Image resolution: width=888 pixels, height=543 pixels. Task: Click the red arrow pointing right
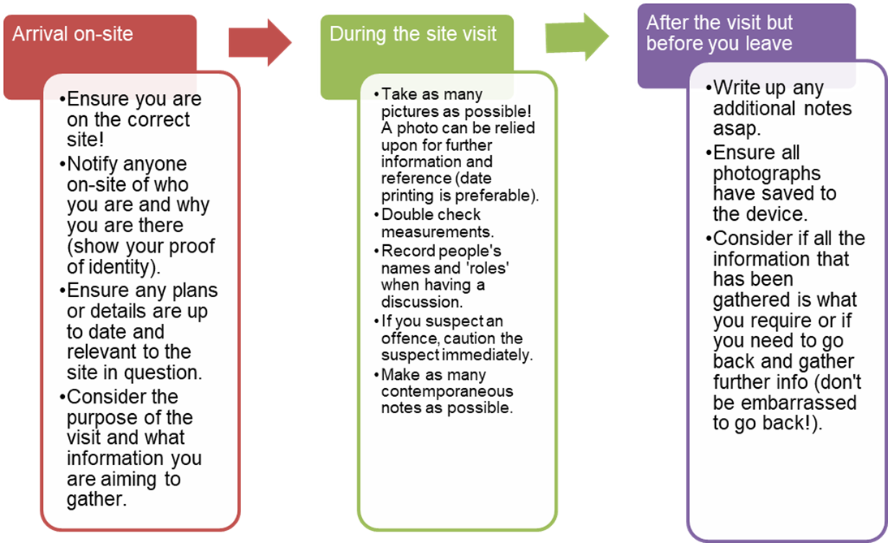260,42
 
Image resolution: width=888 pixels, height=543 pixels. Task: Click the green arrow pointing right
577,37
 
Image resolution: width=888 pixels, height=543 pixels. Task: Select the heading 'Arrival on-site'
72,34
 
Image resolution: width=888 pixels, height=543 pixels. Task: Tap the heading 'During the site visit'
413,34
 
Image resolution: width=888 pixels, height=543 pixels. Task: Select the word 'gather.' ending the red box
97,499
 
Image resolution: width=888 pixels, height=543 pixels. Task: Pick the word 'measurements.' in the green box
438,231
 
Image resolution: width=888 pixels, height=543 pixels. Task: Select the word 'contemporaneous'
446,391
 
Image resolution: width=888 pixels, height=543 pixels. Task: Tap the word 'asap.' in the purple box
737,129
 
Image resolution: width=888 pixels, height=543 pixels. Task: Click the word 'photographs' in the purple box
766,174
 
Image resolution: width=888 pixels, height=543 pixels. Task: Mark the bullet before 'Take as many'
377,94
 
